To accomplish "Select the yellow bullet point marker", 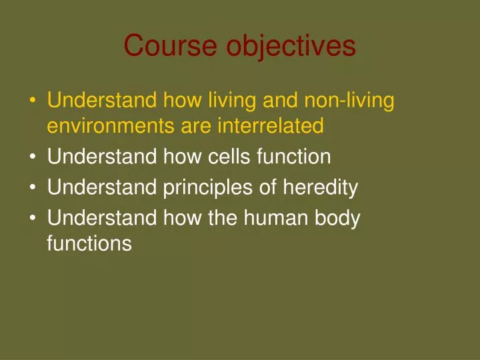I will (33, 102).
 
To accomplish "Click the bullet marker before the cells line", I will (33, 157).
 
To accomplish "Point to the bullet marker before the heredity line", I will (33, 188).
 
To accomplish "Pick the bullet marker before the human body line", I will (33, 219).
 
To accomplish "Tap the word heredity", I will (320, 187).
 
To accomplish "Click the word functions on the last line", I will (89, 243).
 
